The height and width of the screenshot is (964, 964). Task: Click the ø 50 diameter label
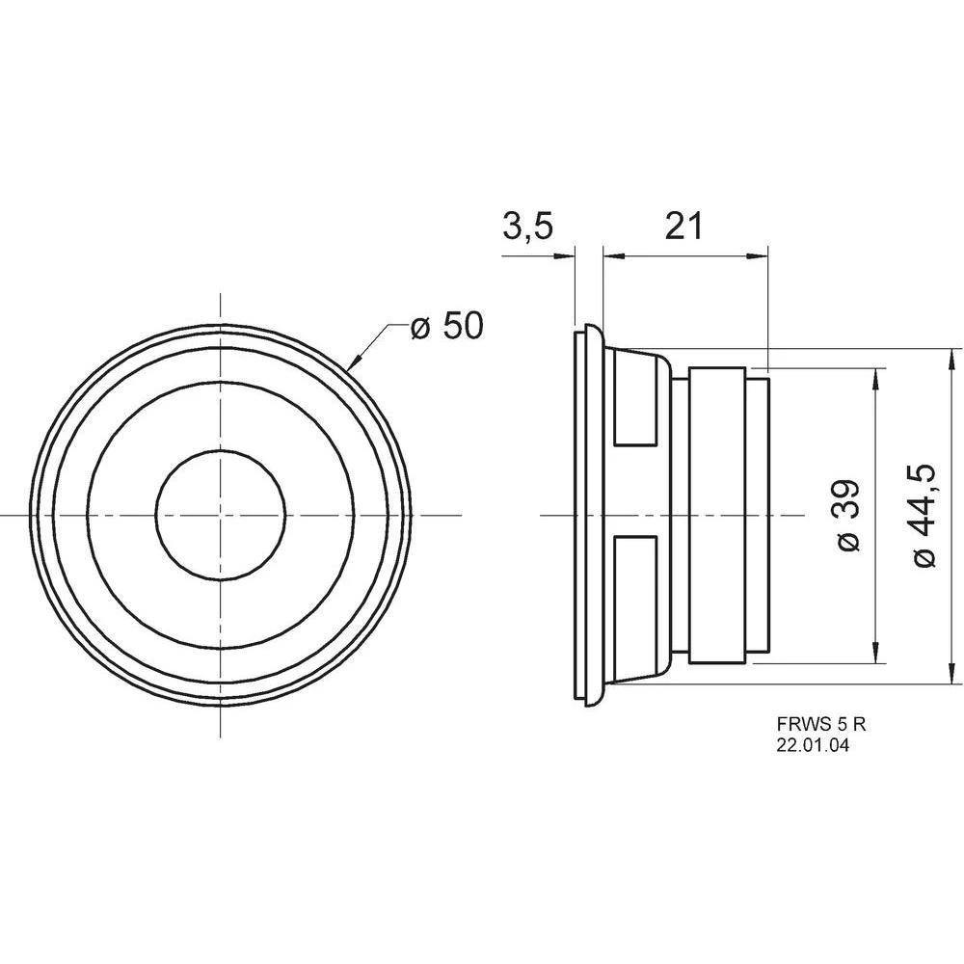(445, 326)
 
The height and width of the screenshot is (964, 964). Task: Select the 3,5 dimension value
(527, 227)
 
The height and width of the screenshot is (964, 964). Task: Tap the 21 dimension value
(684, 227)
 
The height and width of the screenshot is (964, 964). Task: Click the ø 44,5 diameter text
(924, 516)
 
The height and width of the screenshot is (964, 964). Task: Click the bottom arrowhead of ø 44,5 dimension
(951, 674)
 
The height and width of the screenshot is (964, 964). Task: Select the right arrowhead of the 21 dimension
(761, 256)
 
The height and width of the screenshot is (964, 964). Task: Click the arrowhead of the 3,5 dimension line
(566, 256)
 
